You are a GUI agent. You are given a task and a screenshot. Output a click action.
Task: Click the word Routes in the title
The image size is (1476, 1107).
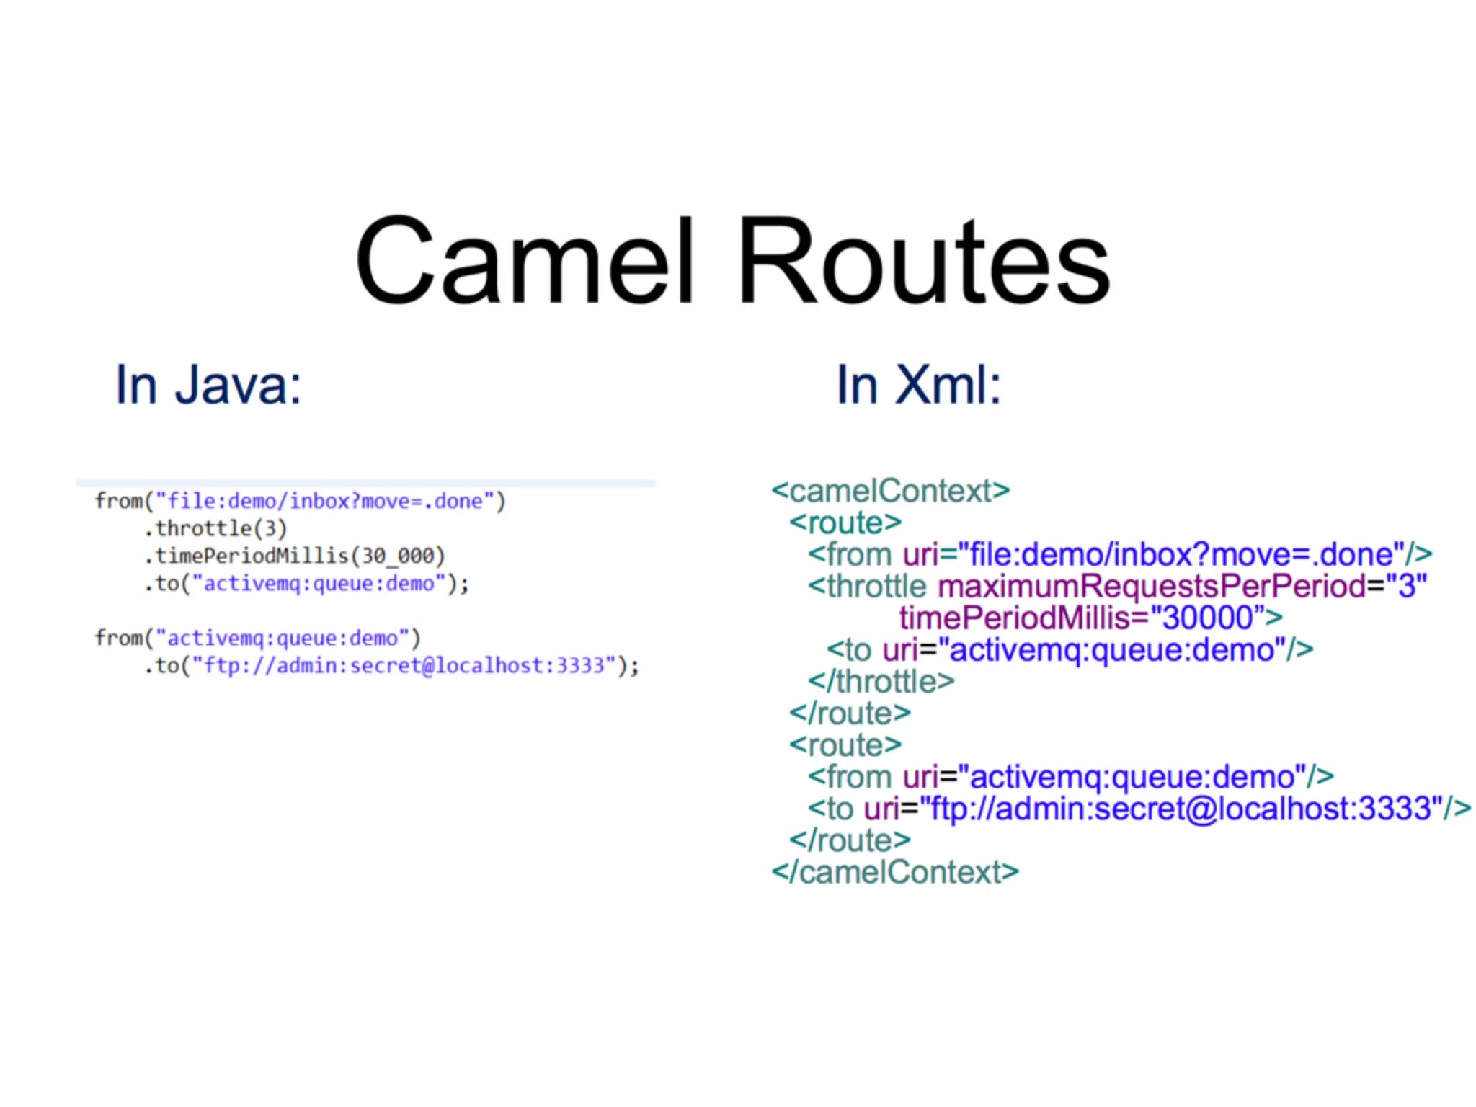point(924,261)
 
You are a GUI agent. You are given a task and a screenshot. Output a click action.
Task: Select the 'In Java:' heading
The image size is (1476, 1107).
point(208,385)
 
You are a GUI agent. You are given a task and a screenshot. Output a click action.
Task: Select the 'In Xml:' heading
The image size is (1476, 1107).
point(918,385)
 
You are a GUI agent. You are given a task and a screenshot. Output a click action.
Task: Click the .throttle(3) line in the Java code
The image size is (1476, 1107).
point(215,528)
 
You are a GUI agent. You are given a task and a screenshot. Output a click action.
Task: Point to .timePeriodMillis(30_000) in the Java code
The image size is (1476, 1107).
point(294,556)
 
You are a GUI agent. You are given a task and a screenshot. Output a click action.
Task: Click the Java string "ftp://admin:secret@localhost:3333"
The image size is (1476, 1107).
point(404,665)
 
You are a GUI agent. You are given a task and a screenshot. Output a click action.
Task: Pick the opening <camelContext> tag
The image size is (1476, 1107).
point(890,491)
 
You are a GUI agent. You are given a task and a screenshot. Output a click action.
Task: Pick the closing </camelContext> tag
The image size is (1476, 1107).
point(894,872)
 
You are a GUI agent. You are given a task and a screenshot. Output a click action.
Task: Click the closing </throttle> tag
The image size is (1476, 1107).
point(881,681)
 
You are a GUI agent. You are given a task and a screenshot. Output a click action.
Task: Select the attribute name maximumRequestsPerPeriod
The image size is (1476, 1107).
point(1151,586)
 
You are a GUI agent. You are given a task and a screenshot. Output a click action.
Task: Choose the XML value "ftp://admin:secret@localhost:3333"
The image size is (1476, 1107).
point(1181,809)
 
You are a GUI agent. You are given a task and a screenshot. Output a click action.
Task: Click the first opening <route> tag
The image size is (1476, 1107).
point(845,523)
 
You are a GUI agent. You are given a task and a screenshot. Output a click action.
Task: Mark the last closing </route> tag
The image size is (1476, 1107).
point(850,840)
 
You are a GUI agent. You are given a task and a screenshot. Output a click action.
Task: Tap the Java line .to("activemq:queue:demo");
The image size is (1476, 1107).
point(306,583)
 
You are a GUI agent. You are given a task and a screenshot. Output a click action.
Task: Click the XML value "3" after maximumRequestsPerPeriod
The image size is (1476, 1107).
point(1406,586)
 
